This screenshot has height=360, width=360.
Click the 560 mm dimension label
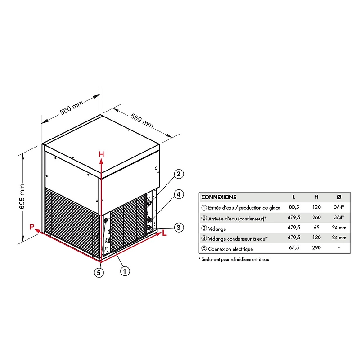(72, 108)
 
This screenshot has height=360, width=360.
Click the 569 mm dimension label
(142, 121)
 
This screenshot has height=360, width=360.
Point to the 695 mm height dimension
(22, 197)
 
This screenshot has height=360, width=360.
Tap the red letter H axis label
(101, 154)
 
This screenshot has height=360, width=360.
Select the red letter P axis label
(32, 227)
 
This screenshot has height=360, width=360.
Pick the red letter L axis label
(164, 233)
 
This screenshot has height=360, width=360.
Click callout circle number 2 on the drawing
(179, 174)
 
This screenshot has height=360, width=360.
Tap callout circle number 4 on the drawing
(179, 194)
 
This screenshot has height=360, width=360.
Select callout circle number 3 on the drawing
(179, 228)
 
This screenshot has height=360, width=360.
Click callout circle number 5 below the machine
(99, 273)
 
